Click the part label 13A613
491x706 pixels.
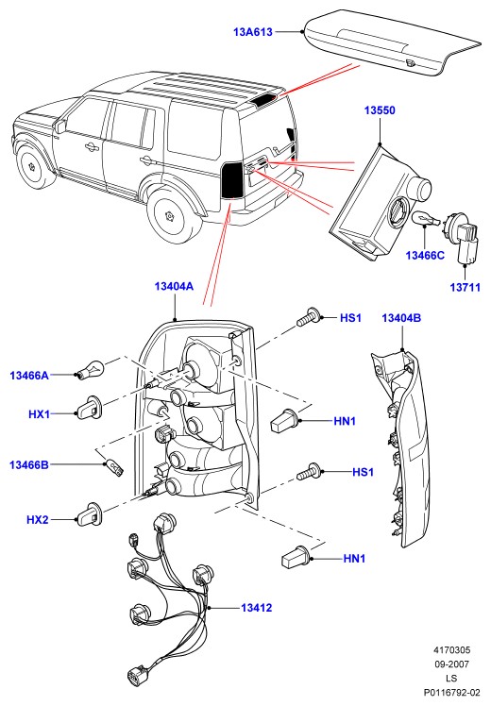(x=253, y=32)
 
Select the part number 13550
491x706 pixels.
(x=380, y=110)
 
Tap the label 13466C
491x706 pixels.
(x=425, y=255)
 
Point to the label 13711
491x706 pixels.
(x=465, y=287)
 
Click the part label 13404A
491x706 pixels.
(x=174, y=286)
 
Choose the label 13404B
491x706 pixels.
(x=401, y=318)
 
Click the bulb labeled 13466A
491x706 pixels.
(x=92, y=370)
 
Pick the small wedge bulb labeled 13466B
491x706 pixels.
(x=115, y=467)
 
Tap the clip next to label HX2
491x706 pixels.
(x=90, y=513)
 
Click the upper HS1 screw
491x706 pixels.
(x=309, y=317)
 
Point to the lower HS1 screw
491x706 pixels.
(x=309, y=471)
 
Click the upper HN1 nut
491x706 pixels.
(x=284, y=421)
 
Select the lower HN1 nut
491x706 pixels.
(x=296, y=556)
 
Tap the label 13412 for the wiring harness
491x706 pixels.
(x=256, y=608)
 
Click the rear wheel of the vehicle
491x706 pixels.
(x=173, y=217)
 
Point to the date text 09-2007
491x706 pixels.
(x=451, y=664)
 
